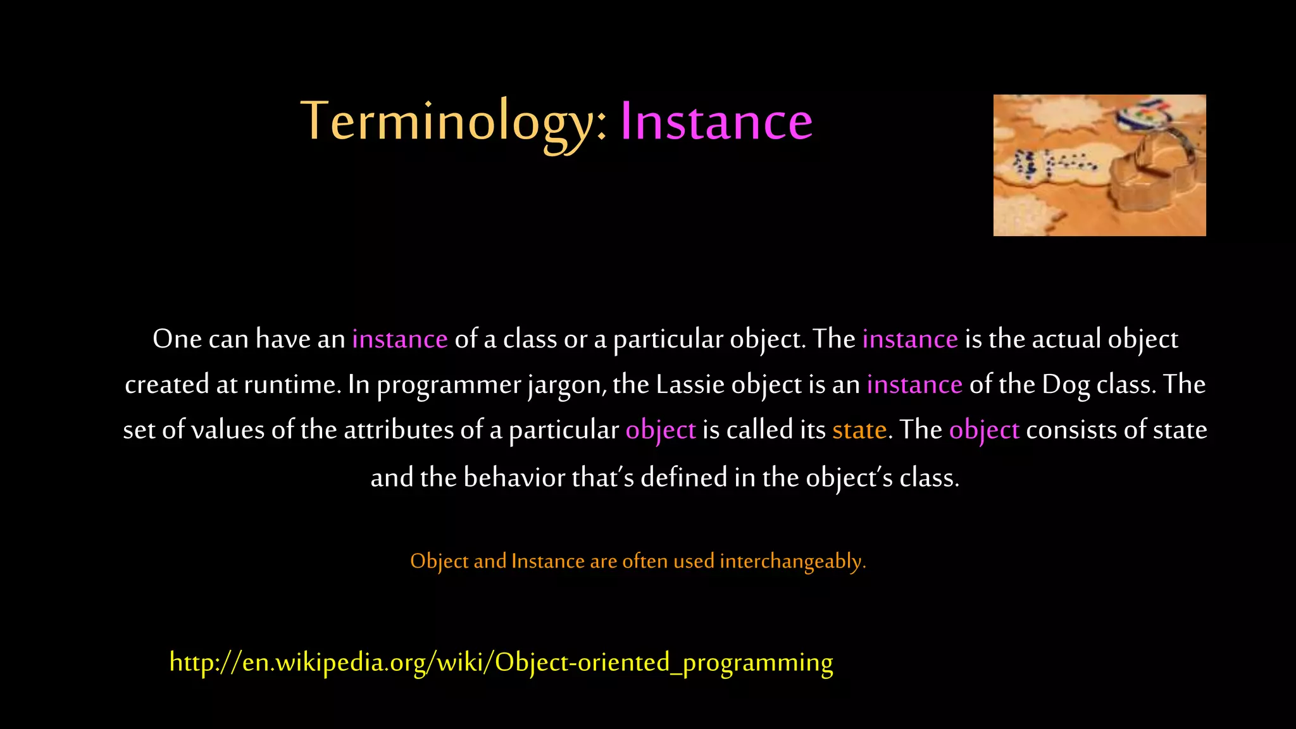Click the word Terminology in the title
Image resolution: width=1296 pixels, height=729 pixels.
(452, 121)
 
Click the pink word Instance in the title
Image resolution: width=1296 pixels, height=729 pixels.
(716, 121)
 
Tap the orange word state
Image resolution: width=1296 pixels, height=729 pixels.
(859, 430)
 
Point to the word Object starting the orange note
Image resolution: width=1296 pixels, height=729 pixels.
(439, 561)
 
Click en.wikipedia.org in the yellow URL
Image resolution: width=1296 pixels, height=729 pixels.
(334, 663)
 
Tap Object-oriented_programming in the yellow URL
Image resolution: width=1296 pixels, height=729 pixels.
(663, 663)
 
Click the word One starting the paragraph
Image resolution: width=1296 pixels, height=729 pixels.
(177, 339)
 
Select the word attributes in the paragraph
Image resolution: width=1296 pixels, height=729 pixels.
(399, 430)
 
